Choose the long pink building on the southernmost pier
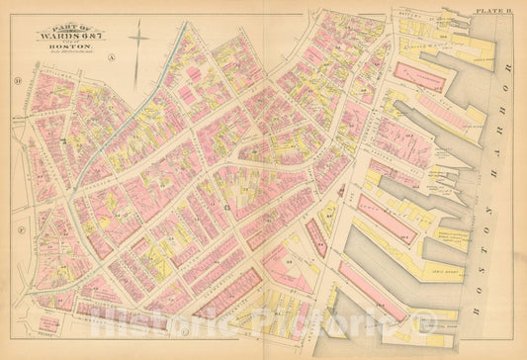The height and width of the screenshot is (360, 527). tap(371, 292)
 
